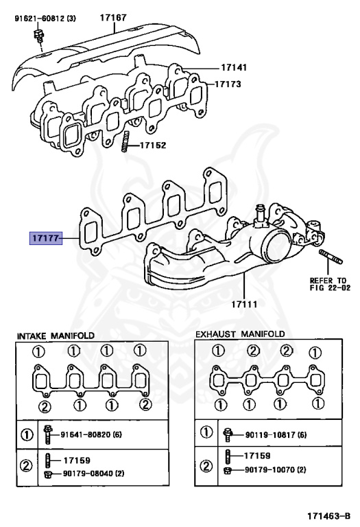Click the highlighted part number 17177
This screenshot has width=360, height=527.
[x=46, y=238]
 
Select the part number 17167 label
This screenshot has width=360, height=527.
[x=113, y=17]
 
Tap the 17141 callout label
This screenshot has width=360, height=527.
[x=234, y=67]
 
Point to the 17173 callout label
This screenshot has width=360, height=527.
[x=228, y=84]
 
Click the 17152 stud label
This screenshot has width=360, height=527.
[x=153, y=145]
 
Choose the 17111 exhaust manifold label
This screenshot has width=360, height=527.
[x=244, y=305]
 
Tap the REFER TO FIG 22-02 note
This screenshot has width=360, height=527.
[x=330, y=284]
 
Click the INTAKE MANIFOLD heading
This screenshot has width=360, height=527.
[x=56, y=336]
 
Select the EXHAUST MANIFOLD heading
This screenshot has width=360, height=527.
[x=240, y=334]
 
